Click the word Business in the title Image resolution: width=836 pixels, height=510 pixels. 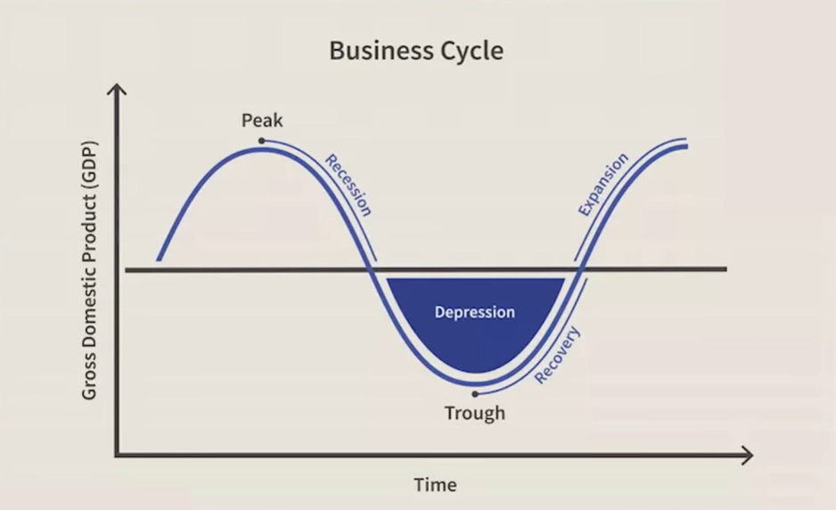tap(373, 50)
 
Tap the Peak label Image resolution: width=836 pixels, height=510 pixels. tap(262, 120)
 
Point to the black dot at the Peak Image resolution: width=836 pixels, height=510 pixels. tap(261, 141)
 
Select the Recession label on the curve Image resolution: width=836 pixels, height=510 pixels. tap(348, 185)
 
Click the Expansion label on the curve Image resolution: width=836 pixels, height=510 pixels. tap(603, 185)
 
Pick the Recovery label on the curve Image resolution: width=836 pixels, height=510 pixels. tap(558, 355)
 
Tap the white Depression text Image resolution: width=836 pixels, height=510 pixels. tap(475, 312)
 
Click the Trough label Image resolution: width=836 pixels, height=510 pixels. tap(475, 413)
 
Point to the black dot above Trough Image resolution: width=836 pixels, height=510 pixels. tap(475, 393)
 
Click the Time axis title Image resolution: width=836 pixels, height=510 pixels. tap(435, 485)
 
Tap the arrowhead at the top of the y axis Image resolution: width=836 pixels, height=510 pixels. tap(116, 88)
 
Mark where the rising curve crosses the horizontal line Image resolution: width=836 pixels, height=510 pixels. tap(579, 269)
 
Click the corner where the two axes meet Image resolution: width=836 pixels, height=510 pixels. tap(116, 456)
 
